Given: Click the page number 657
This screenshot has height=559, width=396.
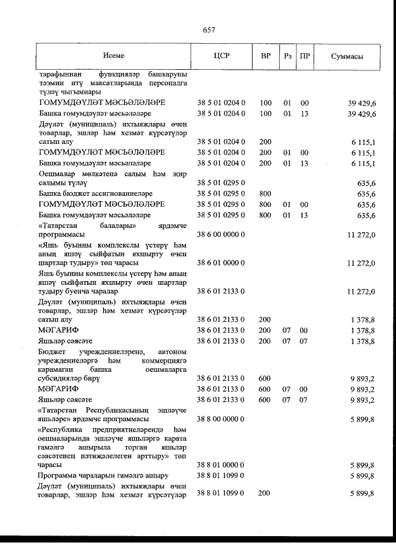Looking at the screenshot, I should click(209, 30).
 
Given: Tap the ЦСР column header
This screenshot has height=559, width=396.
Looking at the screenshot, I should click(221, 56).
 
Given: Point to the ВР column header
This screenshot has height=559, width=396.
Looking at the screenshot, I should click(265, 56).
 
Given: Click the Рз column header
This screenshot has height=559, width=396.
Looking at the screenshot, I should click(287, 56).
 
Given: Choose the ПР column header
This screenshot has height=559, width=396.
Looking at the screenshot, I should click(304, 56).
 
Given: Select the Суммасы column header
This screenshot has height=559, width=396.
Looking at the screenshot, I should click(346, 56).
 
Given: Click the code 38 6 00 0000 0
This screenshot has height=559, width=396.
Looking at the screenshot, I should click(222, 235).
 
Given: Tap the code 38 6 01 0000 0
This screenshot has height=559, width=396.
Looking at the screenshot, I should click(222, 263).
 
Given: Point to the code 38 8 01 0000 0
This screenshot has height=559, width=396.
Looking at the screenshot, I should click(222, 464).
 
